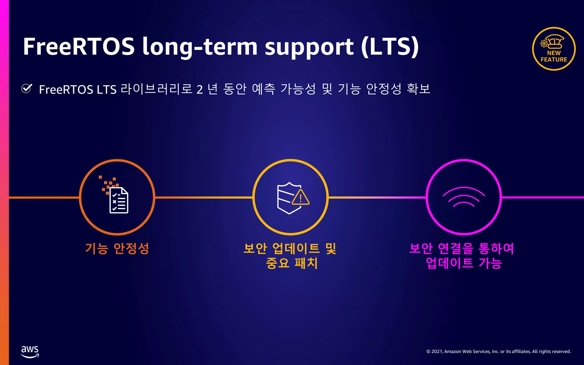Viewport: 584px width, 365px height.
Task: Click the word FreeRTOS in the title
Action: tap(78, 46)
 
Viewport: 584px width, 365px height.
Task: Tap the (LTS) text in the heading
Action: tap(390, 46)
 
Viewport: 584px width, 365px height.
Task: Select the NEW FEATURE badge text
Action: tap(554, 56)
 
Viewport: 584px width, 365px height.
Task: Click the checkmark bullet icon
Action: tap(27, 88)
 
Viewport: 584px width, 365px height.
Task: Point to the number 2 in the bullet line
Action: tap(199, 90)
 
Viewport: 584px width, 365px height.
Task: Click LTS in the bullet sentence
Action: tap(107, 90)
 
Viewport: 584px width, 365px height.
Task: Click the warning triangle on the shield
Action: tap(301, 198)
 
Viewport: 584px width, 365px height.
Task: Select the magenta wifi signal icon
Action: tap(464, 197)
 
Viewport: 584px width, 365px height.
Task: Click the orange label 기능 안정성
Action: tap(117, 248)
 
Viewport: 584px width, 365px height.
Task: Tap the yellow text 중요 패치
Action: tap(291, 263)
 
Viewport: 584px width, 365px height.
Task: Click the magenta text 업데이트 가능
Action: tap(464, 263)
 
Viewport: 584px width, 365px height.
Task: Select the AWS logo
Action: tap(30, 352)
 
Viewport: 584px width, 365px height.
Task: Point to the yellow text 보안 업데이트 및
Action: tap(290, 248)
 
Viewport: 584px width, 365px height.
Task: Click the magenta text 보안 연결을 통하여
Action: tap(461, 248)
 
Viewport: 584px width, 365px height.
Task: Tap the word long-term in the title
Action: tap(200, 47)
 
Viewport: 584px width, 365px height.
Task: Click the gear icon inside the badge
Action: tap(544, 44)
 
